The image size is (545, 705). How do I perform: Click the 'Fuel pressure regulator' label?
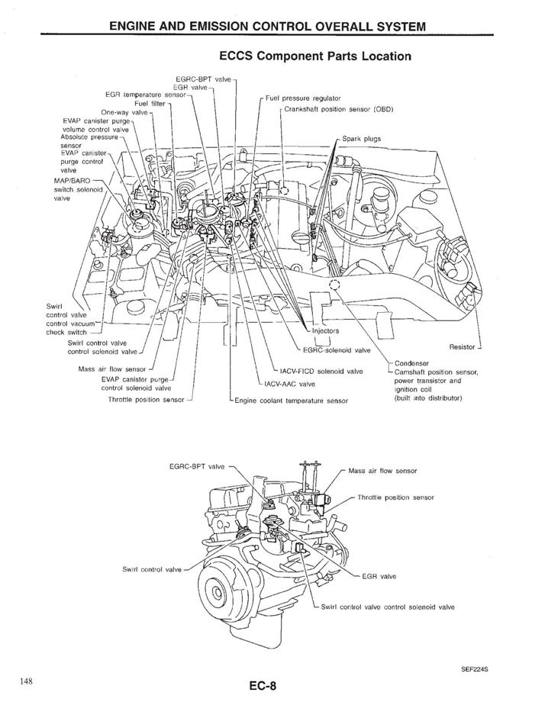(303, 98)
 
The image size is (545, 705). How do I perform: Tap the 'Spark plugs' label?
(362, 139)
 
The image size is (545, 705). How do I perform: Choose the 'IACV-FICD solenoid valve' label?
(321, 371)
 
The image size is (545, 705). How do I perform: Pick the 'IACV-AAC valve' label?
(290, 384)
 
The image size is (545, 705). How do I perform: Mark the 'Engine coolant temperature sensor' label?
(292, 401)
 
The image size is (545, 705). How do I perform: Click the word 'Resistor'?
(463, 347)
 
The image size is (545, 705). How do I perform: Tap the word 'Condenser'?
(412, 363)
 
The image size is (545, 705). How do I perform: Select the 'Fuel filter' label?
(150, 104)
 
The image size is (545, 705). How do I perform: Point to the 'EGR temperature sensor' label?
(145, 95)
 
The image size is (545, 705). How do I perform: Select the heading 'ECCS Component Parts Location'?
(315, 56)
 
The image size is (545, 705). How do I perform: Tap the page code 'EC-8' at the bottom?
(262, 687)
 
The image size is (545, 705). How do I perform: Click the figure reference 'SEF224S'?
(475, 669)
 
